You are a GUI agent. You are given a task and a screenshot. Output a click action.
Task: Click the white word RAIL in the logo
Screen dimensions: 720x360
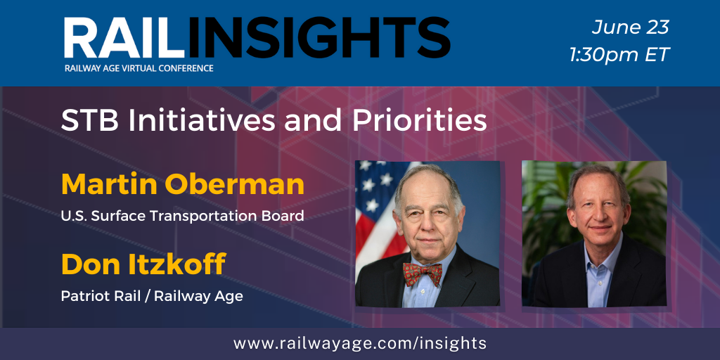[124, 38]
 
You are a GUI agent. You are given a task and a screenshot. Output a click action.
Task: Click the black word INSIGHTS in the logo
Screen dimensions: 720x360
[319, 38]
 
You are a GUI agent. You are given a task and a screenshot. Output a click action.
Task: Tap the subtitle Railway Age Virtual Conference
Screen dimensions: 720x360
[139, 68]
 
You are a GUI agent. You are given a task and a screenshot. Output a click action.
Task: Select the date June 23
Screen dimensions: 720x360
[630, 27]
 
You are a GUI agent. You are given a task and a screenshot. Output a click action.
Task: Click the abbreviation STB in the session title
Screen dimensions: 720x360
[89, 122]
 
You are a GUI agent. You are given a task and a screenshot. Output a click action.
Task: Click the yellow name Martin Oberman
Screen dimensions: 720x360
[183, 184]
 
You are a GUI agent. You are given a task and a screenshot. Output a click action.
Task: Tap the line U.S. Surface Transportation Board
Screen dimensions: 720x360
[183, 215]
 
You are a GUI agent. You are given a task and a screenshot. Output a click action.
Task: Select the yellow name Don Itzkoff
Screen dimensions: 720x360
[143, 264]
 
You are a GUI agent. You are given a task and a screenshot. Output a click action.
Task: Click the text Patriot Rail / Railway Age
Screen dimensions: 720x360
[152, 296]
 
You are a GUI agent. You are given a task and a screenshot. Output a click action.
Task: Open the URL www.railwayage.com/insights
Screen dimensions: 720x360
[359, 343]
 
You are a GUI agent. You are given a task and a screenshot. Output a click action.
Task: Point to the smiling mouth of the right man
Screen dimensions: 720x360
[600, 228]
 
